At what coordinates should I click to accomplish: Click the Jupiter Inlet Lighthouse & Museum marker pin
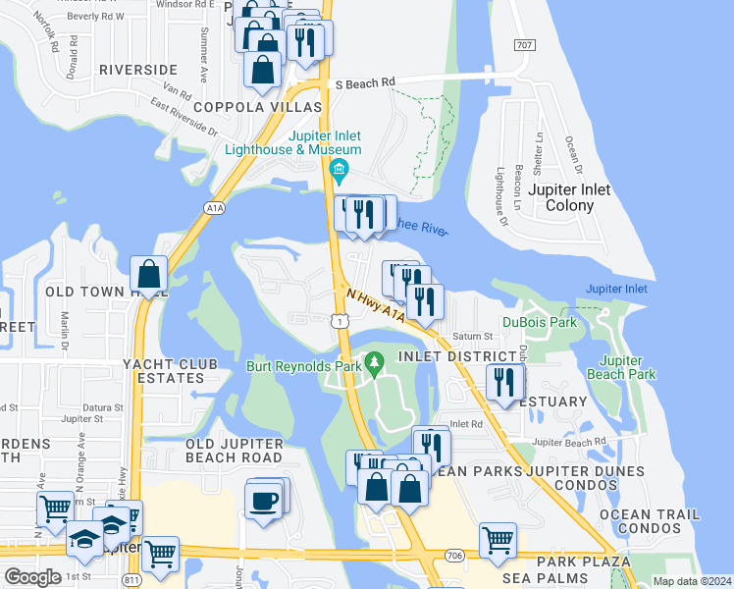coord(340,171)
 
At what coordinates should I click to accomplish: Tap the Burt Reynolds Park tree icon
coord(373,365)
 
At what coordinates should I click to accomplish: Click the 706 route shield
coord(453,557)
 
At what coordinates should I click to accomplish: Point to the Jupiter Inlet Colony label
coord(569,197)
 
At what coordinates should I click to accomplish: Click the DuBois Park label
coord(540,321)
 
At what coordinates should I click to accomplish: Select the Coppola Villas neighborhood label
coord(258,107)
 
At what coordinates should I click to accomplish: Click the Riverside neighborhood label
coord(138,70)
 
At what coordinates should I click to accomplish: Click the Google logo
coord(32,576)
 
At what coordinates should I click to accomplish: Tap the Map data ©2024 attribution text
coord(692,581)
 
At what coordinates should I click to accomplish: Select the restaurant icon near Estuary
coord(504,382)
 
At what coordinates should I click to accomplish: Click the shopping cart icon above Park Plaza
coord(497,539)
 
